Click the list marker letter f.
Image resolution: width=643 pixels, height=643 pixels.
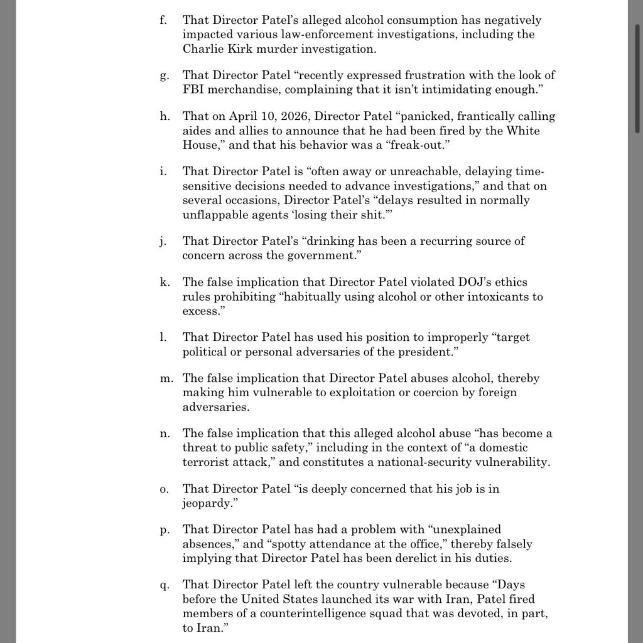(x=163, y=21)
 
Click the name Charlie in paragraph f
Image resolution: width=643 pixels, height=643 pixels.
(x=203, y=48)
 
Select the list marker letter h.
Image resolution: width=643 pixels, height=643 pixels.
(x=163, y=117)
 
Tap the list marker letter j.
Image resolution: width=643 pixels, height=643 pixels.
(x=163, y=241)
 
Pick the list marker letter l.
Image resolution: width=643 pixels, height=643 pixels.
(x=163, y=338)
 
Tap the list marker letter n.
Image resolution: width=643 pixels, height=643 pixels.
(x=163, y=434)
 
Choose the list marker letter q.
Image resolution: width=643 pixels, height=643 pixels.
(x=163, y=586)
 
